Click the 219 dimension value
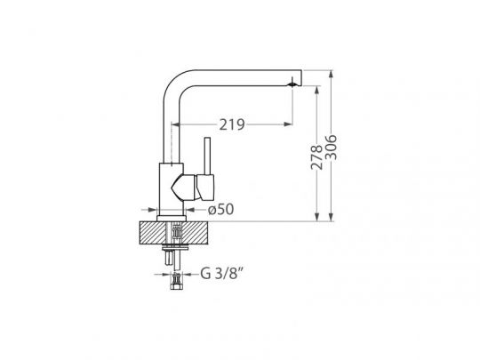[x=232, y=124]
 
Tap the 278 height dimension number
[x=316, y=157]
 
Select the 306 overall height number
[x=331, y=148]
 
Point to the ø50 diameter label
[x=220, y=210]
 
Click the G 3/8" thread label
[x=221, y=274]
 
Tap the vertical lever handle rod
[x=207, y=156]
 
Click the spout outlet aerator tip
[x=292, y=84]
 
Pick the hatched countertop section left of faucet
[x=153, y=233]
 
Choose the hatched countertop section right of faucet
[x=196, y=233]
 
